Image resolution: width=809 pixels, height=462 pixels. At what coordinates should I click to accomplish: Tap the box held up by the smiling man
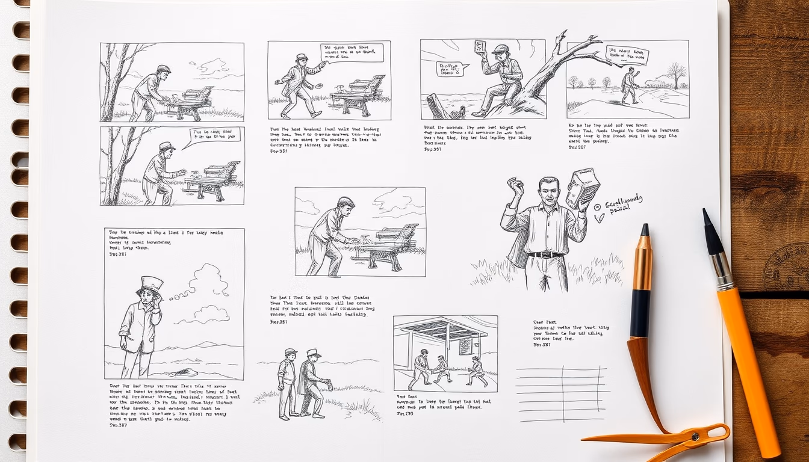pyautogui.click(x=582, y=188)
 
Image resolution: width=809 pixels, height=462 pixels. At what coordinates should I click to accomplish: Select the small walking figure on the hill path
pyautogui.click(x=629, y=85)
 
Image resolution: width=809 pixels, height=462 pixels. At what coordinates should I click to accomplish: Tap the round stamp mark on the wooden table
pyautogui.click(x=789, y=268)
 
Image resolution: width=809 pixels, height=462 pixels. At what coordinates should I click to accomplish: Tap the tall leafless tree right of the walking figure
pyautogui.click(x=677, y=74)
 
